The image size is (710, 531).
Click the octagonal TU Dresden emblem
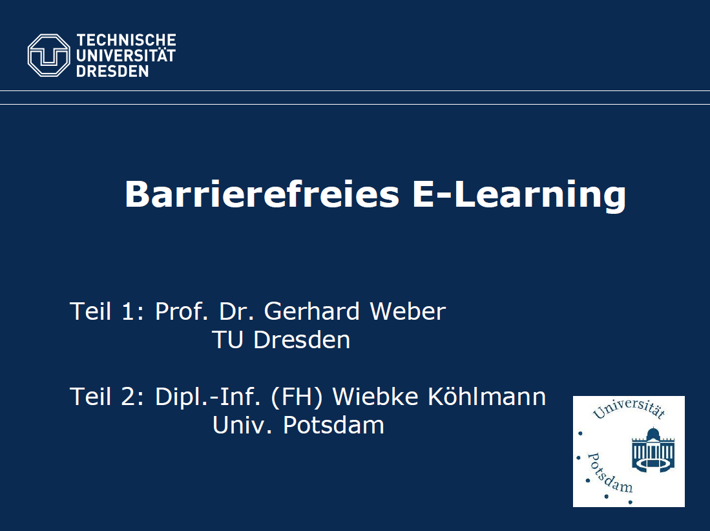click(49, 55)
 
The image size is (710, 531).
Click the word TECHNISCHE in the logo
click(126, 40)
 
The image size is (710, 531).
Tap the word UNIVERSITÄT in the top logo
click(126, 55)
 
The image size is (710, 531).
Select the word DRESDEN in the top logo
click(112, 71)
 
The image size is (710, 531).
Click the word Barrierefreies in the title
click(262, 194)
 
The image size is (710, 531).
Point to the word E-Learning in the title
click(519, 195)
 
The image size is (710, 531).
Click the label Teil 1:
click(107, 311)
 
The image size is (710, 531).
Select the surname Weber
click(408, 311)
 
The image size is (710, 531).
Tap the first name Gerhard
click(311, 311)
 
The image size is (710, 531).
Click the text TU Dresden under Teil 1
click(281, 340)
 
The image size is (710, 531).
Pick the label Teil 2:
click(107, 397)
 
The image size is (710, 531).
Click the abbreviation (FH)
click(297, 397)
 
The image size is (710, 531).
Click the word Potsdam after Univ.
click(333, 425)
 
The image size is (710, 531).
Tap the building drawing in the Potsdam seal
click(653, 450)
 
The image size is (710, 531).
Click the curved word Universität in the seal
click(629, 409)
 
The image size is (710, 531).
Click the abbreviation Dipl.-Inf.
click(208, 397)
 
